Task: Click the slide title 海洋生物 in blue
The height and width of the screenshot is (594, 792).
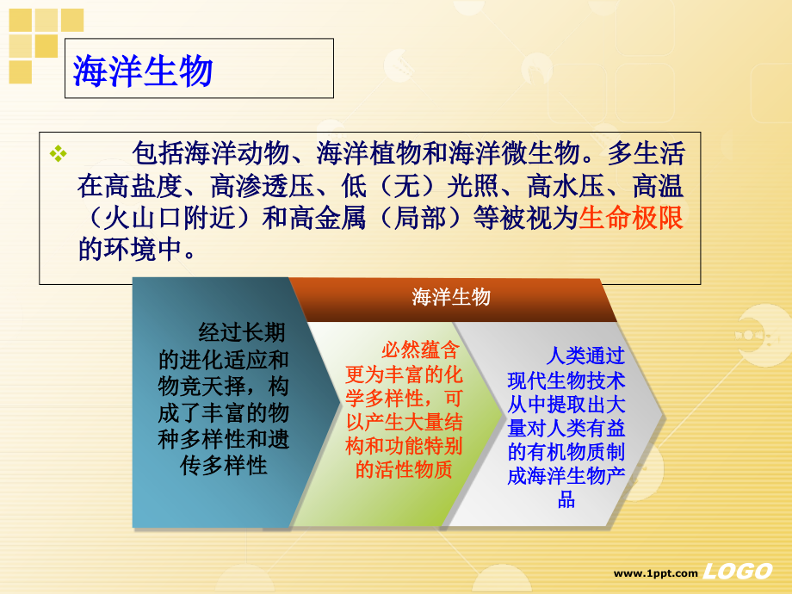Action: (143, 71)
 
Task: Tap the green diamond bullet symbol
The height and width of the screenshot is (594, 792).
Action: (59, 154)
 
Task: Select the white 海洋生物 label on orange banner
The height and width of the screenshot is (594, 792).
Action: (451, 297)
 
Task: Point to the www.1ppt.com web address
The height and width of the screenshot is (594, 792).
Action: (655, 573)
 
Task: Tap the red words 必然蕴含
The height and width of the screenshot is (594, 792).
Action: (420, 350)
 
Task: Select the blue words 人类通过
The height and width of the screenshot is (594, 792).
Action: (586, 356)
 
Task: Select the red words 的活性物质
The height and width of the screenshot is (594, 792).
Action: (404, 469)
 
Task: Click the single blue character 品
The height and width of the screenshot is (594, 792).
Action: (566, 500)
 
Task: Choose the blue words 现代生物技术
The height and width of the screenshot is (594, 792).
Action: (566, 380)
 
